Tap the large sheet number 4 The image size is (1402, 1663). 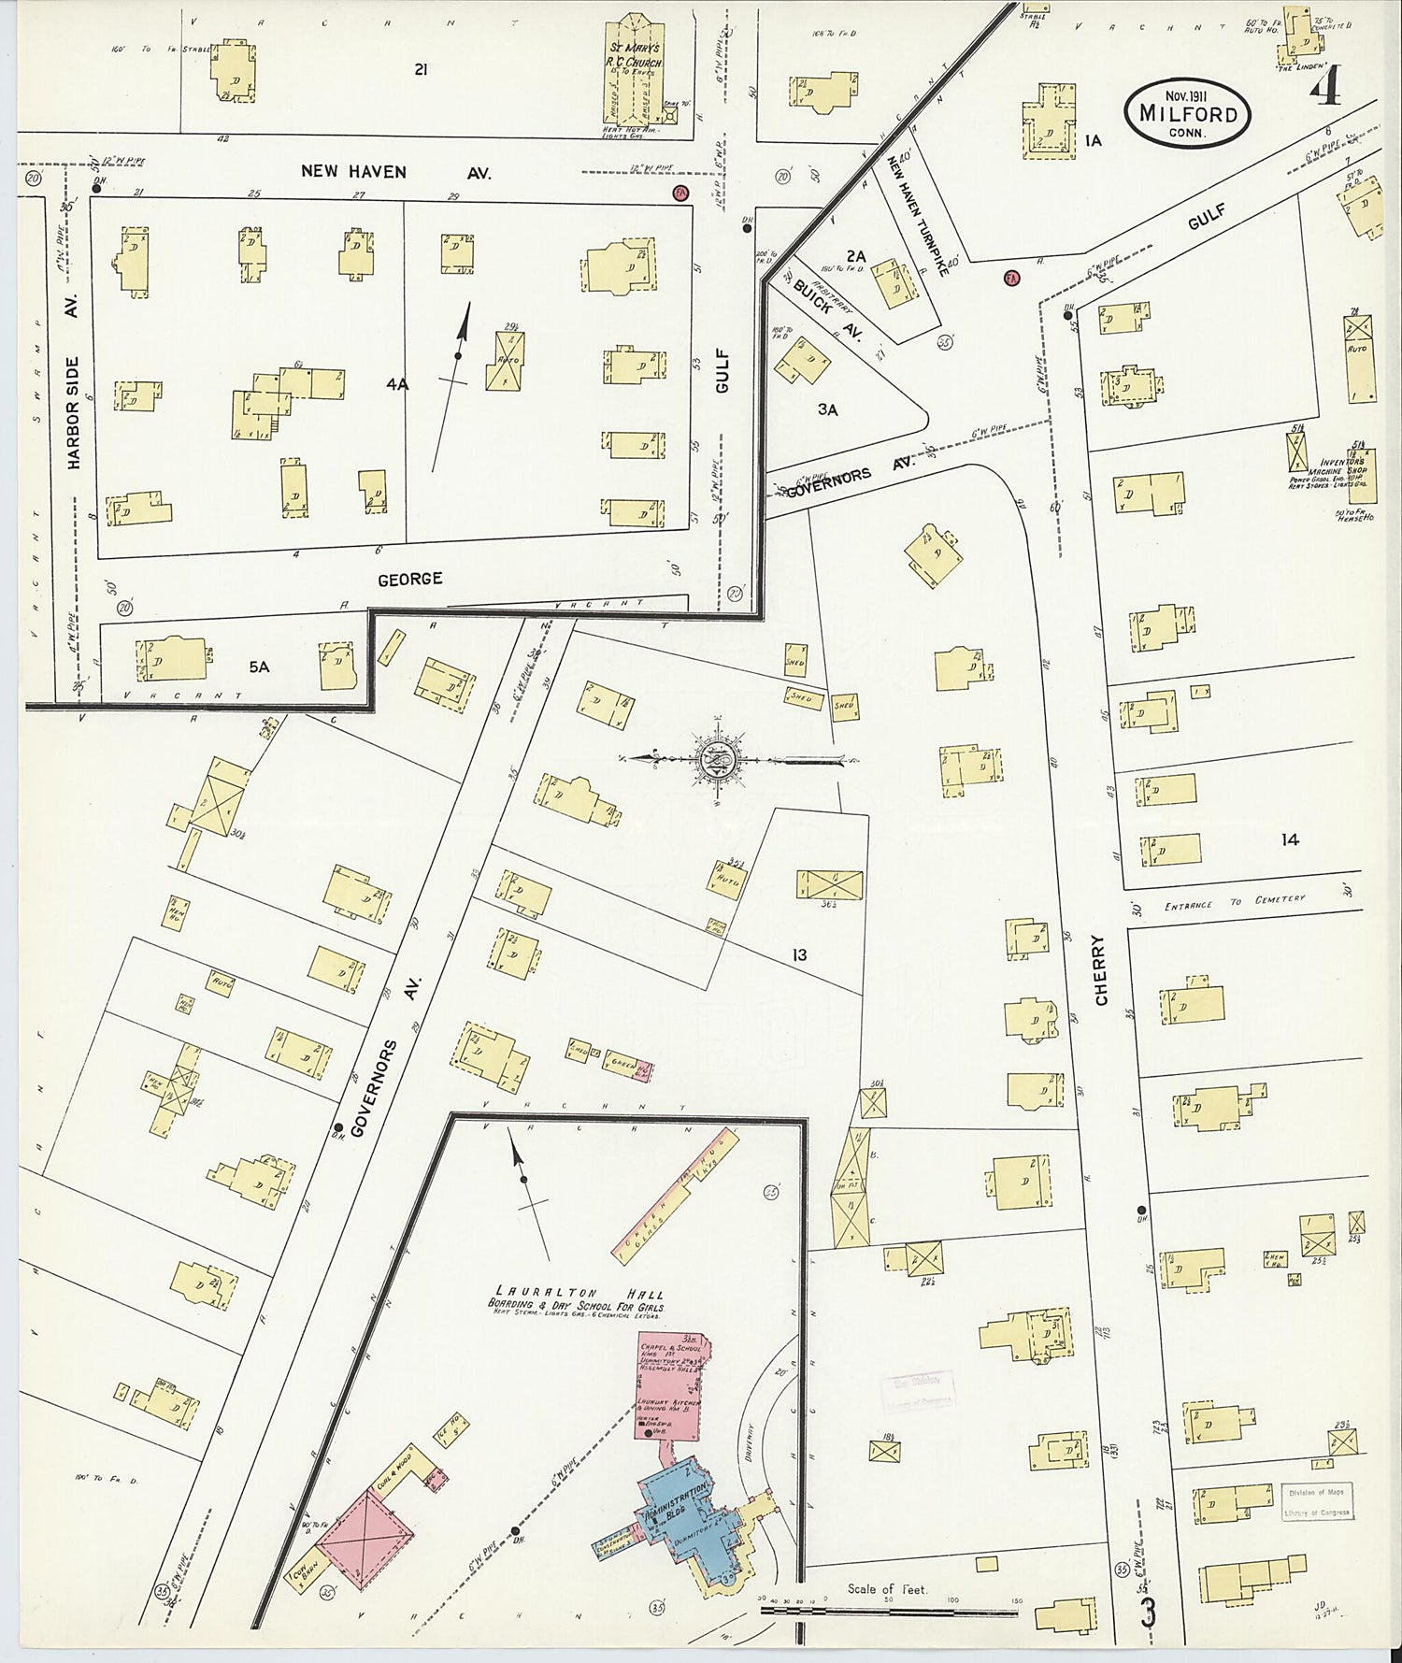(x=1325, y=91)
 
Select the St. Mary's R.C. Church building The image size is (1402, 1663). (x=637, y=75)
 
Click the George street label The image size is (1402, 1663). (x=409, y=580)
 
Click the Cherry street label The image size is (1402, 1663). (x=1100, y=970)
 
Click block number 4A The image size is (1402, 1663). (x=396, y=384)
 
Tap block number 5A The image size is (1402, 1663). (x=259, y=667)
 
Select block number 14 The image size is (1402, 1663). (x=1290, y=840)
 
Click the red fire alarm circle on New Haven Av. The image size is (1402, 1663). (x=680, y=193)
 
